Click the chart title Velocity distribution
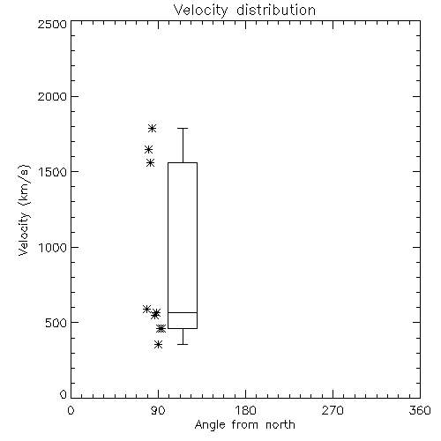coord(244,11)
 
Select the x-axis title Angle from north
coord(244,425)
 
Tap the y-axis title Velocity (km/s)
coord(24,210)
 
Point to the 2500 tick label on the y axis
coord(52,24)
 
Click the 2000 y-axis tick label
coord(52,96)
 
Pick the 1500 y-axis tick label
coord(53,172)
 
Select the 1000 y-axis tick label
coord(53,247)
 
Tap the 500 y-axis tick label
coord(56,323)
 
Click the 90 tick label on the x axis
coord(158,410)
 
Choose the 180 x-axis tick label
coord(245,410)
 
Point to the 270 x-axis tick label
coord(333,410)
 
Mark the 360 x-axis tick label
coord(420,410)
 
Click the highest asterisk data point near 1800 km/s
coord(152,128)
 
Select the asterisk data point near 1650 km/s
coord(148,150)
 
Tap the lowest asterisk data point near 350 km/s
coord(159,344)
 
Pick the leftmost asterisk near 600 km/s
coord(146,309)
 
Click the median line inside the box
coord(183,312)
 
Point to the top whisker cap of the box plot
coord(183,128)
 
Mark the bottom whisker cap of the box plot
coord(183,344)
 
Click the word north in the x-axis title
coord(280,425)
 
